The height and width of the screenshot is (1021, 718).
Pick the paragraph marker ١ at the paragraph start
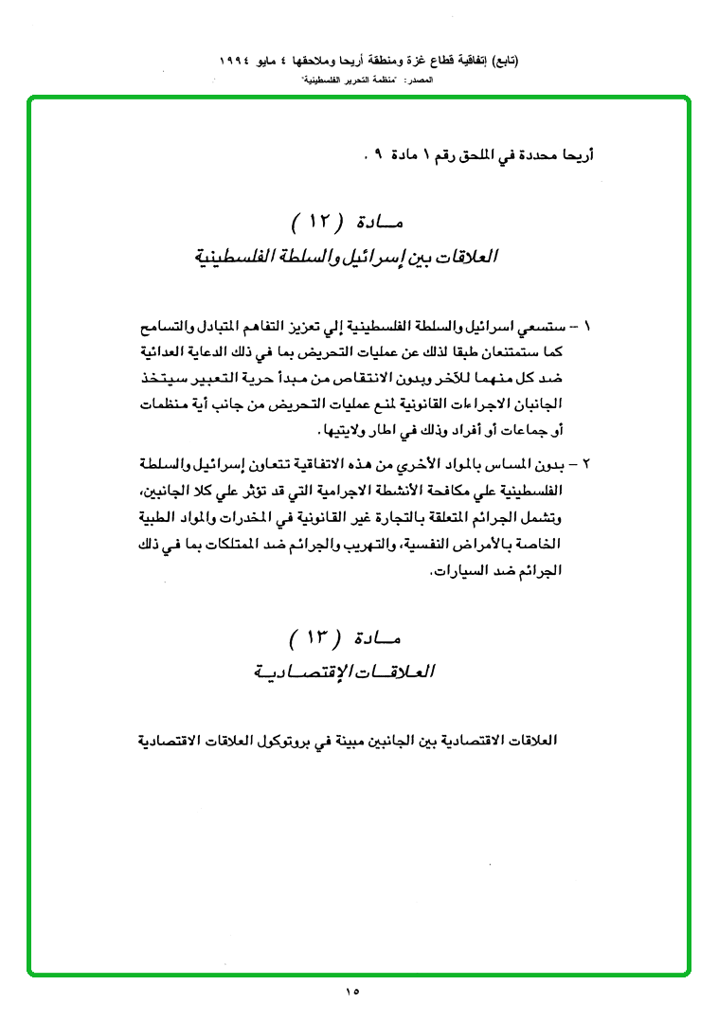click(x=587, y=328)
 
